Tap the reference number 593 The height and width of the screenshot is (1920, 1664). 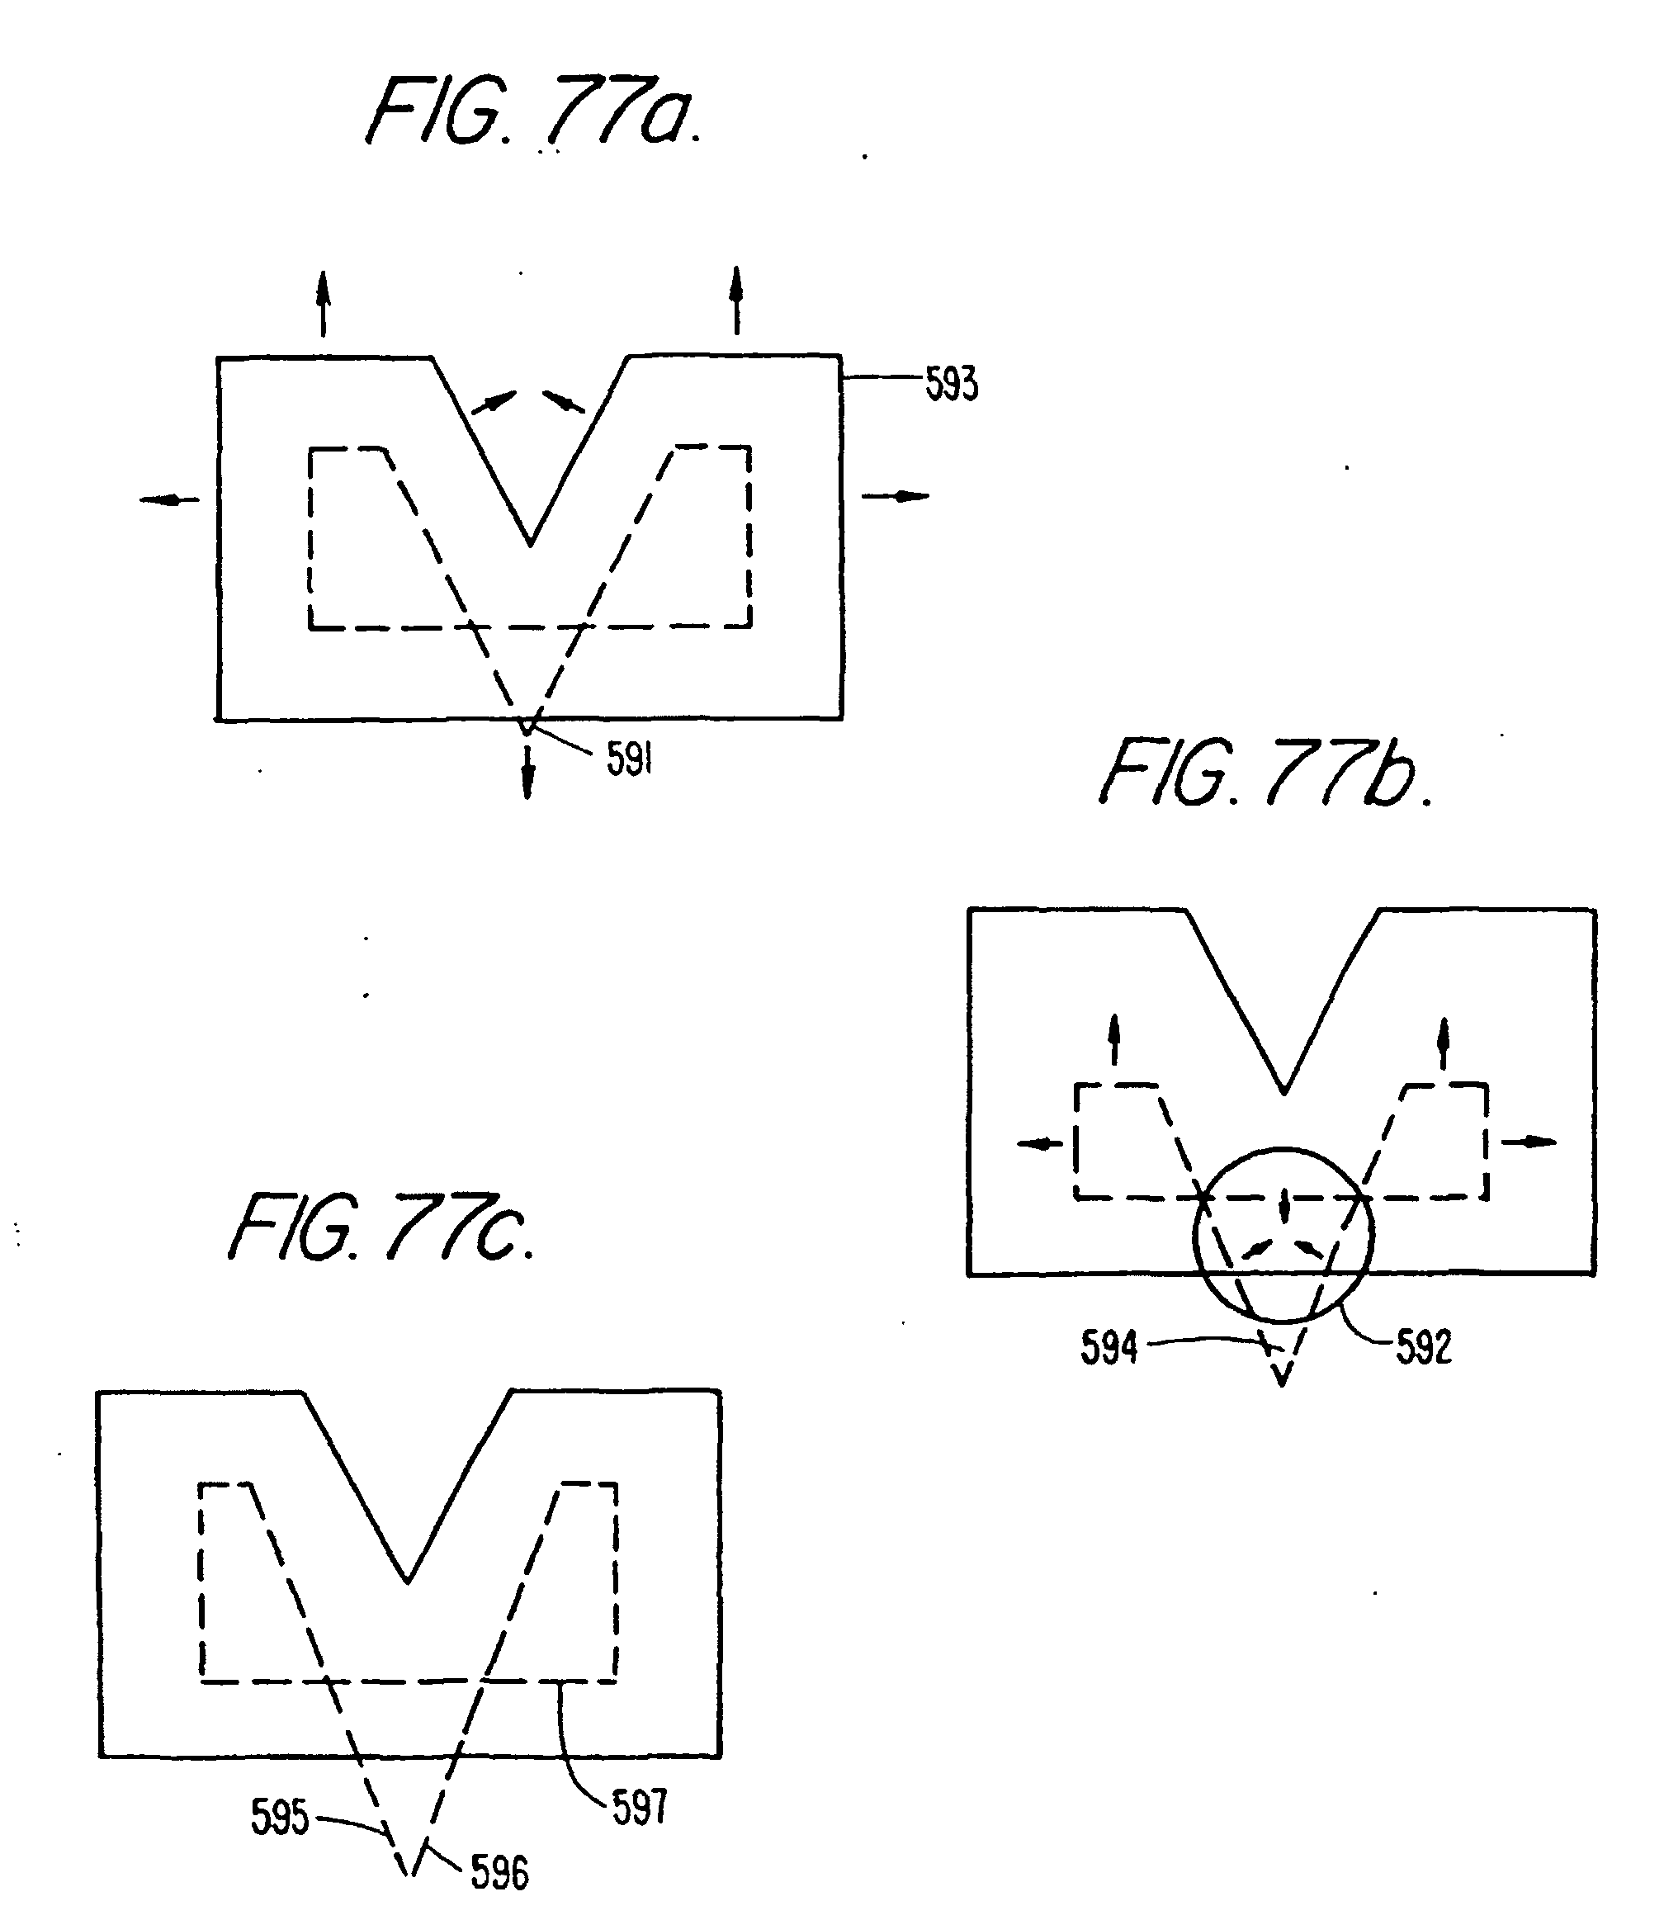click(952, 385)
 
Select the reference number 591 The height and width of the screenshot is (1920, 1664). click(630, 759)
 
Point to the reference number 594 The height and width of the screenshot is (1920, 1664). click(1109, 1347)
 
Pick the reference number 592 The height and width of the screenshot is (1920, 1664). click(1424, 1347)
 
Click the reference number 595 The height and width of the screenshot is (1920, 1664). click(280, 1817)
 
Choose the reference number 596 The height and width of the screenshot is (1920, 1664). click(499, 1873)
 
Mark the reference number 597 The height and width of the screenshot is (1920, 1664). click(639, 1808)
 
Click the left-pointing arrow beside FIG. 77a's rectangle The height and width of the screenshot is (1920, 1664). click(169, 500)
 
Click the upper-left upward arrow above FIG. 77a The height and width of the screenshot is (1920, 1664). click(324, 303)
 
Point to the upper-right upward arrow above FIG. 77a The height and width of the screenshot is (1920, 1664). click(736, 300)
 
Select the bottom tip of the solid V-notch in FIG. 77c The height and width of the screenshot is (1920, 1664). click(408, 1580)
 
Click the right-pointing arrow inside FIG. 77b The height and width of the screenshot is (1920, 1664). click(1529, 1142)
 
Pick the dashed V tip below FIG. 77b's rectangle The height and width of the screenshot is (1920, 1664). click(1281, 1383)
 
